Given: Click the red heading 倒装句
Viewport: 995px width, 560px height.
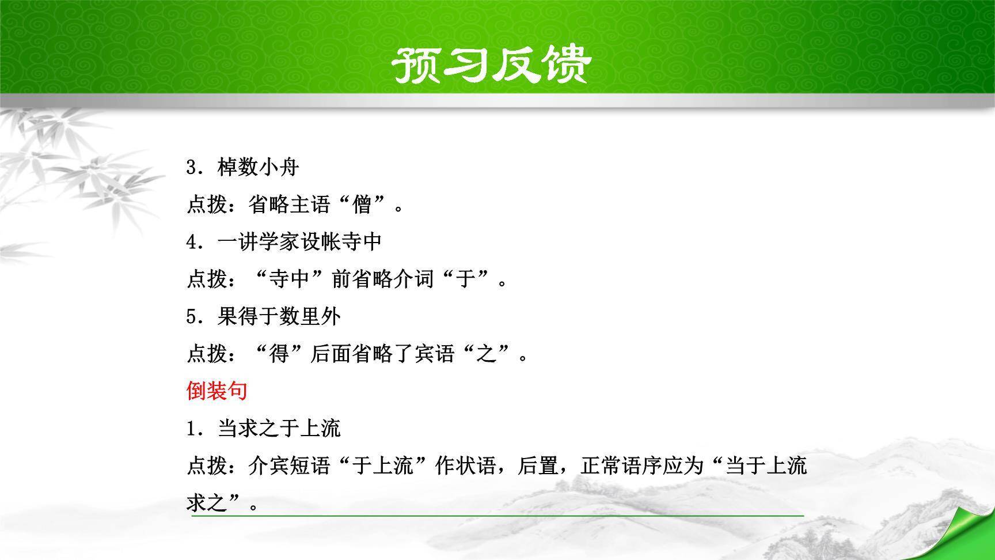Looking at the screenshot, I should [x=217, y=391].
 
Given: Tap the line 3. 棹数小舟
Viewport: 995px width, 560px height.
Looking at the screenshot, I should [x=242, y=168].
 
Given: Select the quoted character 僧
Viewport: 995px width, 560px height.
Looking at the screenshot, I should [x=362, y=205].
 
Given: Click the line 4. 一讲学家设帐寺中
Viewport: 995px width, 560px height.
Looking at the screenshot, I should [x=284, y=242].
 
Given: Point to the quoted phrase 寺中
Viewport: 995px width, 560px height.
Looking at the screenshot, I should [x=290, y=279].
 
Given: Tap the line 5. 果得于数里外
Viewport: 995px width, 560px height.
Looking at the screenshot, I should [x=263, y=316].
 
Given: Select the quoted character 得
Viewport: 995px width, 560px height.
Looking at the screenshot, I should [x=279, y=354].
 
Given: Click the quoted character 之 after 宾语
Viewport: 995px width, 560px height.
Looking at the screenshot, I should [x=487, y=354].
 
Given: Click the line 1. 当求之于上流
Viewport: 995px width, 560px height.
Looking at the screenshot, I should [x=263, y=428].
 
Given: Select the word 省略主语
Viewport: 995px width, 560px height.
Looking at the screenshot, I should [x=290, y=205].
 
